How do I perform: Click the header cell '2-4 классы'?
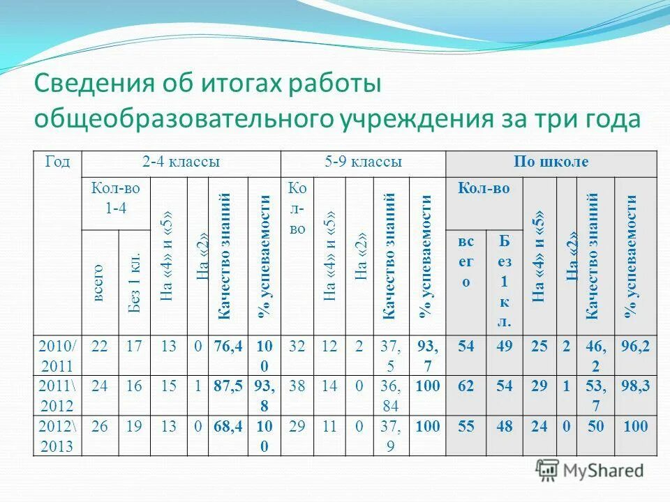point(181,162)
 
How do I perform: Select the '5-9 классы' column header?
point(363,162)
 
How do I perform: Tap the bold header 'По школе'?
point(551,162)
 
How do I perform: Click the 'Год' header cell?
point(57,162)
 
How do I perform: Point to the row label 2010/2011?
point(59,356)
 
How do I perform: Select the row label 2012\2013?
point(59,436)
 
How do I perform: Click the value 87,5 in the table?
point(228,386)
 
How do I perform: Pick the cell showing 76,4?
point(228,346)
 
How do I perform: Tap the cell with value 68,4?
point(228,425)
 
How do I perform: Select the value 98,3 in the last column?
point(635,386)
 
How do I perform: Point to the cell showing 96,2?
point(635,346)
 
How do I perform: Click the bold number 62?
point(466,386)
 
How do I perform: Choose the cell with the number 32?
point(297,346)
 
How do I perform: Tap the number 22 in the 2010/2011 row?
point(100,346)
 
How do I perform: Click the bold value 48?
point(504,425)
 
